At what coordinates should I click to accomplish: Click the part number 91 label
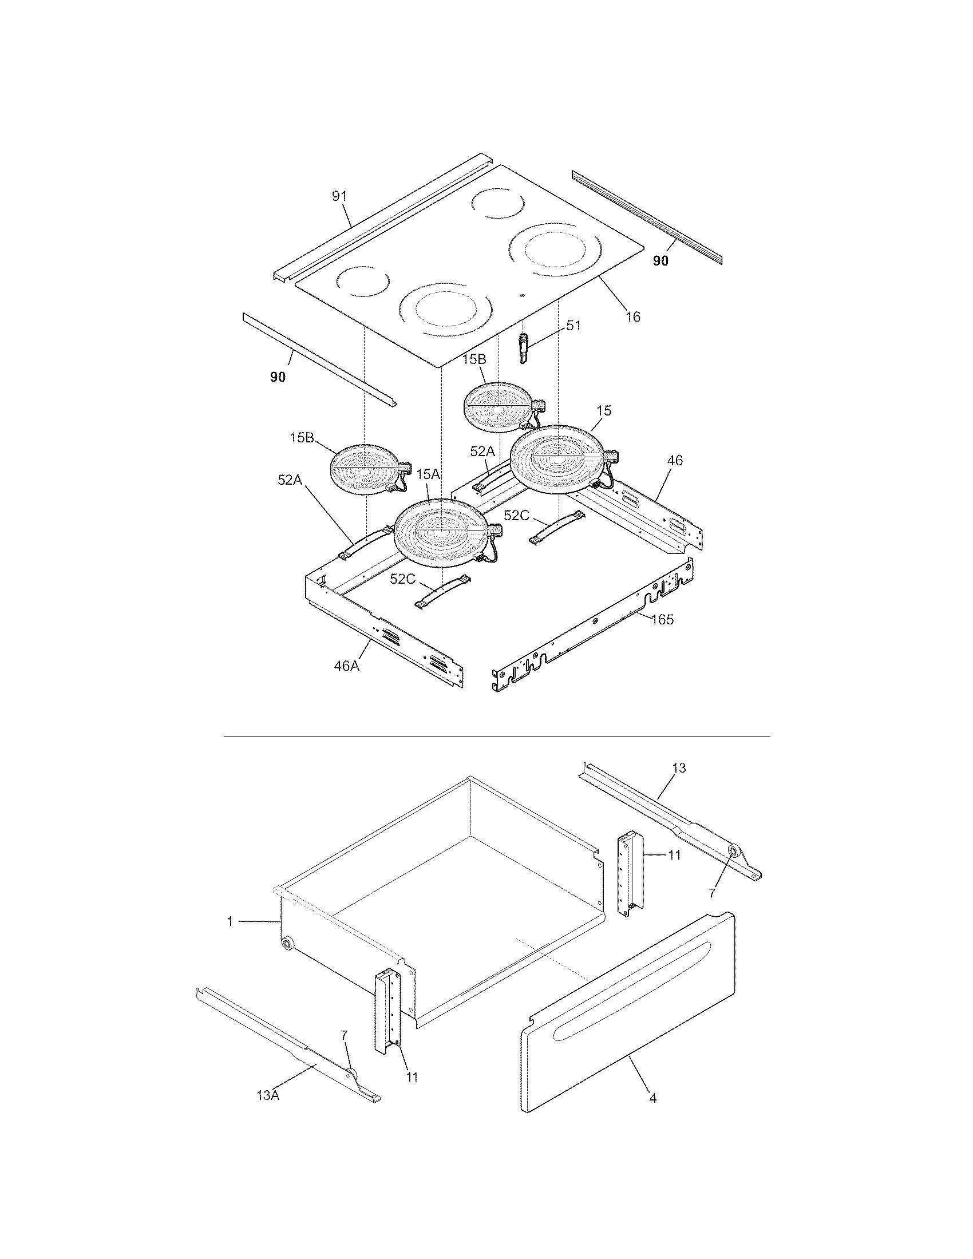pos(339,196)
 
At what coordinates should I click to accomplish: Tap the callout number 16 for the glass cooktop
pos(633,316)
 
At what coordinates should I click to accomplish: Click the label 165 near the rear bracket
pos(662,620)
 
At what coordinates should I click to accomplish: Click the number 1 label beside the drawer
pos(230,922)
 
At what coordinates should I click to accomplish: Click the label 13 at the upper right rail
pos(679,767)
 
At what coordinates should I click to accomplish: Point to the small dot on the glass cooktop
pos(522,296)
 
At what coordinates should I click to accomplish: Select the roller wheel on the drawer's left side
pos(286,944)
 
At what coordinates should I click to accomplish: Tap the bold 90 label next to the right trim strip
pos(660,261)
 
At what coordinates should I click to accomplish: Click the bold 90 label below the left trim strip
pos(278,378)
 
